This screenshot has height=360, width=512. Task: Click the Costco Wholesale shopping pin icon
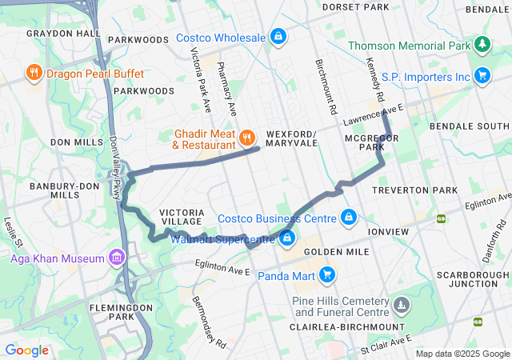click(277, 37)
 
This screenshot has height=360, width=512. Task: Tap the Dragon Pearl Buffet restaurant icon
click(34, 74)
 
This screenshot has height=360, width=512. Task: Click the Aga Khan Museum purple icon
click(118, 258)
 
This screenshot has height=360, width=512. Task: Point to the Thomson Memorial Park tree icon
click(482, 45)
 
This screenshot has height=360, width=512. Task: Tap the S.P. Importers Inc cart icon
click(482, 76)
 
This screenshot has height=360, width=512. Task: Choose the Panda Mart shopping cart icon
click(326, 276)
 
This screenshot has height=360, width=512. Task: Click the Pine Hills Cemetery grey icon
click(402, 304)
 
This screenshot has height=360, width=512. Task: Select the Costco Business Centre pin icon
click(349, 218)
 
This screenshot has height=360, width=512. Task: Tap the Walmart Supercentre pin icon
click(286, 238)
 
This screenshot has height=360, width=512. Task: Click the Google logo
click(26, 350)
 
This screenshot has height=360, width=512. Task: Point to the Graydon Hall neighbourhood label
click(63, 34)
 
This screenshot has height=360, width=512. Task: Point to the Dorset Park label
click(355, 7)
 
